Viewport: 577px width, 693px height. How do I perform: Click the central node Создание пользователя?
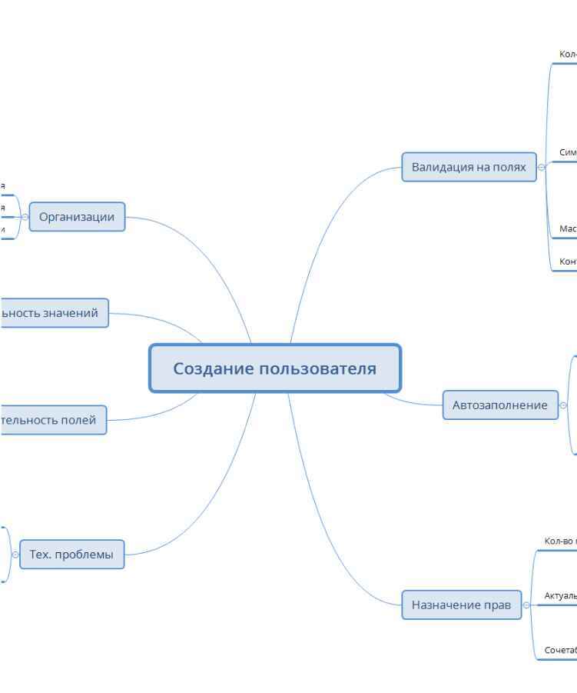[274, 368]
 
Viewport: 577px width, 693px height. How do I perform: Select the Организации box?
[77, 217]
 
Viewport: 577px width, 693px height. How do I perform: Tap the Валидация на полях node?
[469, 167]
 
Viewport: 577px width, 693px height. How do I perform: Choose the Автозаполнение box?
[500, 405]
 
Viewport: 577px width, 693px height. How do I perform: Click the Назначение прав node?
[461, 605]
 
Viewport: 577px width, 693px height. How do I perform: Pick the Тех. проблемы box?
[71, 554]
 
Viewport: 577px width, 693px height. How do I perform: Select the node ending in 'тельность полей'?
[51, 420]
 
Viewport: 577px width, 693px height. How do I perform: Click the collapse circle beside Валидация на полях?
[542, 167]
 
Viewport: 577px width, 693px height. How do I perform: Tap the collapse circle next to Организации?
[25, 217]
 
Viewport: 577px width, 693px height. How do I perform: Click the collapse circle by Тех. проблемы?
[15, 554]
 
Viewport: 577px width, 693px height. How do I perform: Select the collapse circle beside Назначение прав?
[526, 605]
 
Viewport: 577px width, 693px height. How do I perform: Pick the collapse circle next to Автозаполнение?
[563, 405]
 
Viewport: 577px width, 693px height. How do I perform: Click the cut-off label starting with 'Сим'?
[568, 152]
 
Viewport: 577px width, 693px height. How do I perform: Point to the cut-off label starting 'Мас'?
[568, 228]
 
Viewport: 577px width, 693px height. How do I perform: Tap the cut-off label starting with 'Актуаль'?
[560, 595]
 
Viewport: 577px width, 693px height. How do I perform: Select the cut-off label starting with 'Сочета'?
[560, 650]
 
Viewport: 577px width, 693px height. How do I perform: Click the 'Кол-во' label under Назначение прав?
[560, 541]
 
